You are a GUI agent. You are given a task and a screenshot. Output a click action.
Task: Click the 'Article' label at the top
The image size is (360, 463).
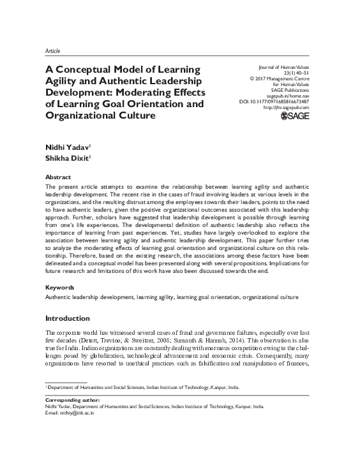pyautogui.click(x=53, y=49)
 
